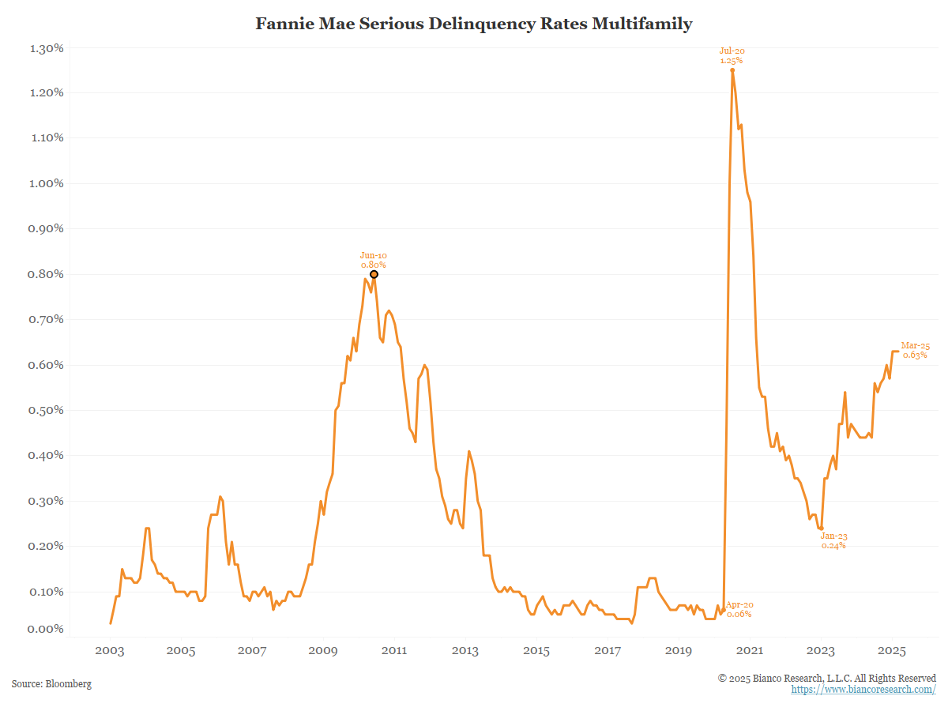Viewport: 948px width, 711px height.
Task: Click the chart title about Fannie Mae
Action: [473, 24]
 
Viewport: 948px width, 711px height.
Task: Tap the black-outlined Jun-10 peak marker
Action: [374, 274]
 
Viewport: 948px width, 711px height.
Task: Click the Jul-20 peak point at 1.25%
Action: [732, 70]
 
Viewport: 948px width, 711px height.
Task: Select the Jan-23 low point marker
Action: [822, 528]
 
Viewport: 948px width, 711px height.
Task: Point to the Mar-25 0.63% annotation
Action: [915, 351]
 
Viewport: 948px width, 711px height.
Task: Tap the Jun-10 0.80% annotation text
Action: [374, 260]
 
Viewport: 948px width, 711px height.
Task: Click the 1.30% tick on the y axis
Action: [47, 48]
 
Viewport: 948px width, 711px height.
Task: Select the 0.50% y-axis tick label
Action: [47, 410]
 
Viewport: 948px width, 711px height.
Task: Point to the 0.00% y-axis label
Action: [47, 629]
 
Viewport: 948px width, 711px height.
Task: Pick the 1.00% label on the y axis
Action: [47, 183]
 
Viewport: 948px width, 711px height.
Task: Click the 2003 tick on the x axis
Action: [110, 650]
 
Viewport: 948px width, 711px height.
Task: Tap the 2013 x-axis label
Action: [465, 650]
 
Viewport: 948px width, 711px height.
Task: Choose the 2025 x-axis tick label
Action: [892, 650]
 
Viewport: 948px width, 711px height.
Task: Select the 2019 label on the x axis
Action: [679, 650]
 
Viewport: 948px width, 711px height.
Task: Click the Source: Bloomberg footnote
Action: [51, 683]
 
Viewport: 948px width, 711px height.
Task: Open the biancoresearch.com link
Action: [863, 690]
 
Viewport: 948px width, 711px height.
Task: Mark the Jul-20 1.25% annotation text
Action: [732, 55]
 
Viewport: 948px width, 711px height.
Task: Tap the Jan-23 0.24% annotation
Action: [833, 540]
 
